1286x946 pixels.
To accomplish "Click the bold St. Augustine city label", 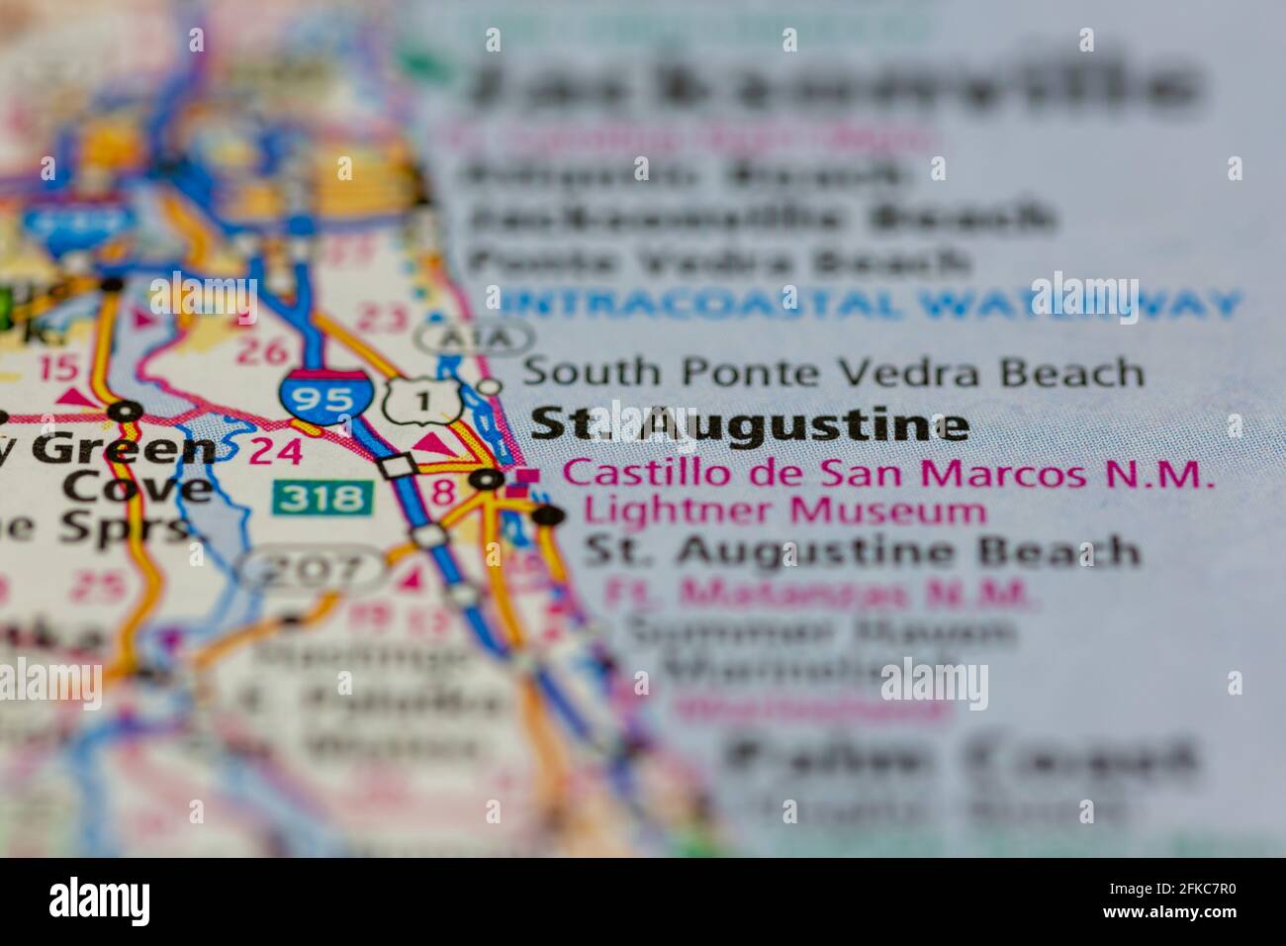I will click(x=749, y=425).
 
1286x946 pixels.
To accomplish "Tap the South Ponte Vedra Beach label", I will click(x=832, y=373).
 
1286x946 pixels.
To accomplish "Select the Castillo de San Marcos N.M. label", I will click(x=887, y=473).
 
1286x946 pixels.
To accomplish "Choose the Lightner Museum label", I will click(x=784, y=512).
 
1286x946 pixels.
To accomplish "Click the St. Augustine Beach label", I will click(x=862, y=550).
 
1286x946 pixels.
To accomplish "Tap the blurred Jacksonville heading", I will click(x=831, y=84).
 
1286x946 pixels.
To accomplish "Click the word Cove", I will click(x=137, y=488).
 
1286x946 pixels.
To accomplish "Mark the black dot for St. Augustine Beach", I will click(x=549, y=516).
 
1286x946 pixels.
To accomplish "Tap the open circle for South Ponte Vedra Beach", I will click(x=489, y=385).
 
